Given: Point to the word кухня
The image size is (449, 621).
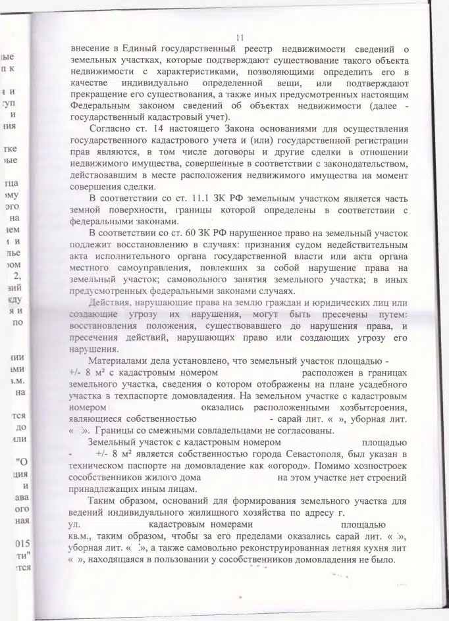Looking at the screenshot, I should point(374,547).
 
